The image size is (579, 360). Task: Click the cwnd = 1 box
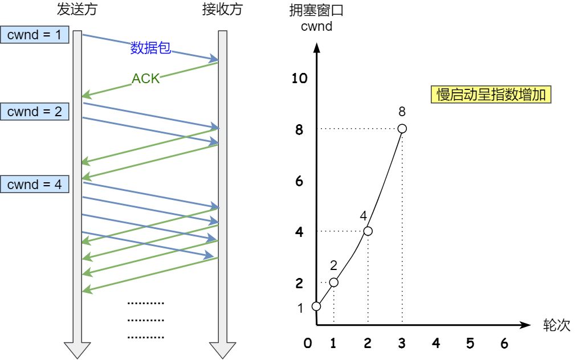pos(35,35)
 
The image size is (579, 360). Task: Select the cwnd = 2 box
pos(35,112)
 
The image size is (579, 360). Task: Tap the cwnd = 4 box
pos(35,184)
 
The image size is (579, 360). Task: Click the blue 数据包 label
pos(150,48)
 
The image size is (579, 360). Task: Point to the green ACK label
pos(145,79)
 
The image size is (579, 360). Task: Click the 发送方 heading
pos(77,9)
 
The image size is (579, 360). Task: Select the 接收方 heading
pos(222,9)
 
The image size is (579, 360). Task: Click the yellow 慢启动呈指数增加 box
pos(491,95)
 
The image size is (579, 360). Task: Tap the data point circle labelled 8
pos(402,129)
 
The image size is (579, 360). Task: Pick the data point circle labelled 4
pos(368,231)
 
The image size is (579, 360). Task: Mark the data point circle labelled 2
pos(333,283)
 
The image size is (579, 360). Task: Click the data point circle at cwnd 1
pos(316,306)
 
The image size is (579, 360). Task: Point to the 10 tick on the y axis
pos(299,78)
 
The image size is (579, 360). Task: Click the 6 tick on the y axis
pos(299,181)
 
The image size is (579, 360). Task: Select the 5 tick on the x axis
pos(470,343)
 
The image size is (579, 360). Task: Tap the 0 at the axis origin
pos(308,343)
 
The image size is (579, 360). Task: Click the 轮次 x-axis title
pos(556,325)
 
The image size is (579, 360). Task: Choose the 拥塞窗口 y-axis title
pos(316,10)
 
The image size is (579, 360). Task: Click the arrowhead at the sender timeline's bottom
pos(77,350)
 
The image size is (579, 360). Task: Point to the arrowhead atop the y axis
pos(316,48)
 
